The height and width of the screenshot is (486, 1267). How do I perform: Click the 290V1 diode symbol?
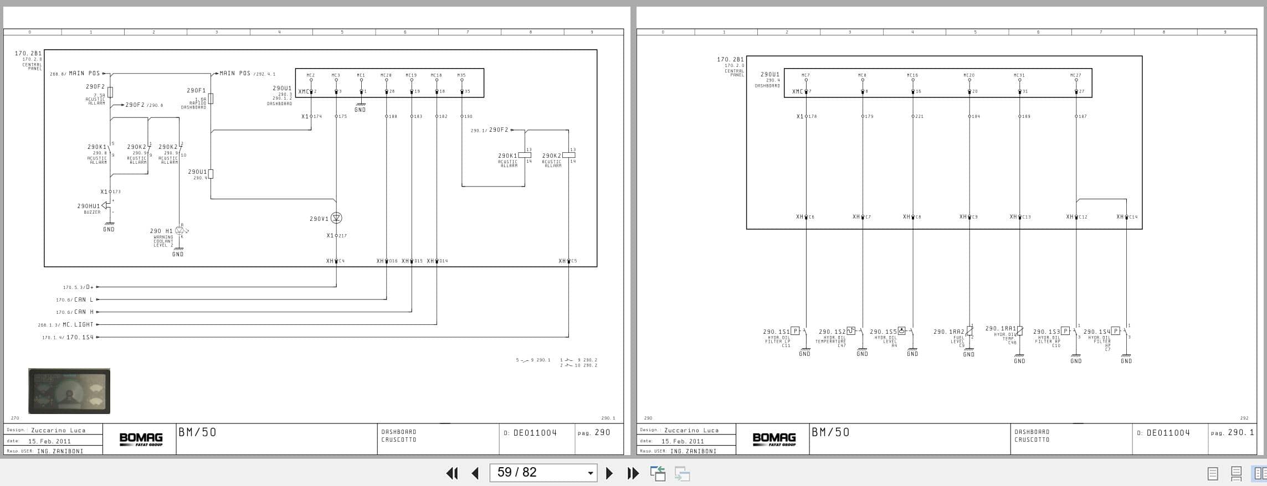coord(336,218)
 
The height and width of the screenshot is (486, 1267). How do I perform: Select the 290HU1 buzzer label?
coord(89,206)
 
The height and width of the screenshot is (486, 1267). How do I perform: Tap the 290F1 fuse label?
coord(196,90)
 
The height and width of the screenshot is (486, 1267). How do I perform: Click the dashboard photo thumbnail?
coord(69,391)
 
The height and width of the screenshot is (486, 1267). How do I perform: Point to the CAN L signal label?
coord(84,299)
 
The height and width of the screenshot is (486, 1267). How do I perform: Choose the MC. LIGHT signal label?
coord(78,324)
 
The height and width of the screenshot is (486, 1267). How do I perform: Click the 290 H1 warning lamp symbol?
coord(179,230)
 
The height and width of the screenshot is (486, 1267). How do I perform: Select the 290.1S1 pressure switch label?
coord(776,332)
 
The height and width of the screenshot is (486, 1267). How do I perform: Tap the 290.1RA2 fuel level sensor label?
coord(948,332)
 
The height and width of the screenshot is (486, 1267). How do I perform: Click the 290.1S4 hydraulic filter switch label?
coord(1096,332)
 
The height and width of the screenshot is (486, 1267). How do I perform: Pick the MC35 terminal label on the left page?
coord(461,75)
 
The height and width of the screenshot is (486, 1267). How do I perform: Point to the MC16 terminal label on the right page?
coord(912,75)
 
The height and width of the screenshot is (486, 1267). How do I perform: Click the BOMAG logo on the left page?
coord(141,439)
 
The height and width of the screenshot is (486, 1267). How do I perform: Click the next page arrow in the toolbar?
coord(609,473)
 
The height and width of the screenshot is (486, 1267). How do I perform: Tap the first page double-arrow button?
coord(452,473)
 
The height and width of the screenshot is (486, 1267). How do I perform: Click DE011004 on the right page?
coord(1168,433)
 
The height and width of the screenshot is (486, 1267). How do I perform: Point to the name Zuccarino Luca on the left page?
coord(58,430)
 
